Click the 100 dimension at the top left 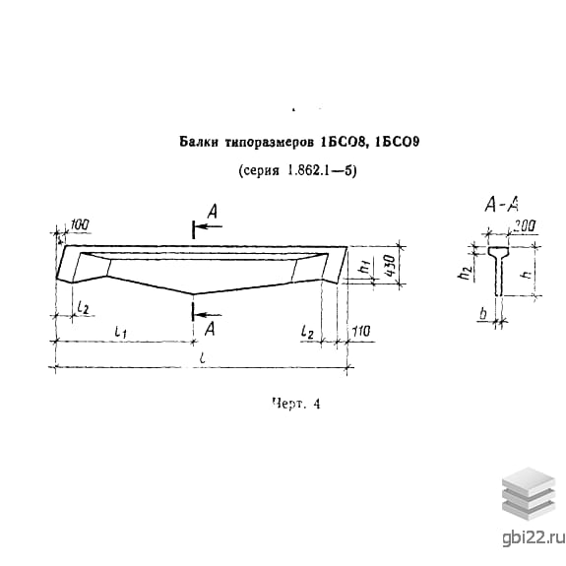click(79, 224)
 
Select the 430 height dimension click(390, 265)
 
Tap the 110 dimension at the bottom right click(361, 331)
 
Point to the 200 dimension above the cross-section click(524, 225)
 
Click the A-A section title click(502, 205)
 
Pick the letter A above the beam click(213, 212)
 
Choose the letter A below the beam click(210, 329)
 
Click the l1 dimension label click(120, 332)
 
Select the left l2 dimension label click(83, 307)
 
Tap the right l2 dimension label click(307, 332)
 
